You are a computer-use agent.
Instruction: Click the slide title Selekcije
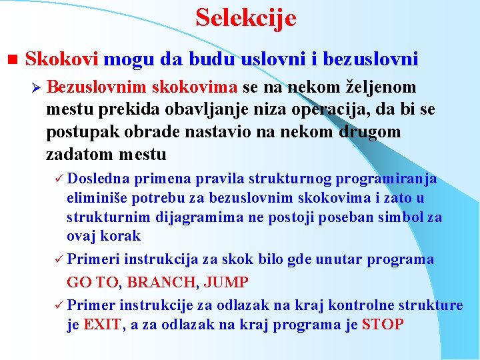click(246, 18)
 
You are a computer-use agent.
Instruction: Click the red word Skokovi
click(61, 59)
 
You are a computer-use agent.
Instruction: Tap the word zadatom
click(79, 155)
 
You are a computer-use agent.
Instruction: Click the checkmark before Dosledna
click(58, 179)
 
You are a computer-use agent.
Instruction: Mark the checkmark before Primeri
click(58, 259)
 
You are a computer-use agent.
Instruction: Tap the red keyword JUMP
click(226, 282)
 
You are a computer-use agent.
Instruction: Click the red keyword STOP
click(383, 325)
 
